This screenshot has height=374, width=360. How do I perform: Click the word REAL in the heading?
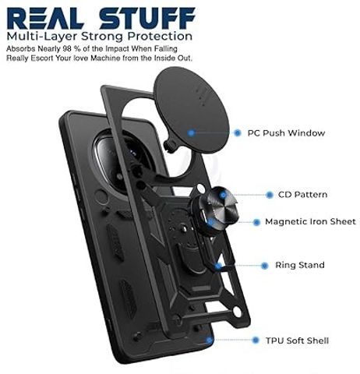tap(45, 18)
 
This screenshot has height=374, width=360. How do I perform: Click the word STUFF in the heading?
tap(147, 18)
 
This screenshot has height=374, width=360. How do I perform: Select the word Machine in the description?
tap(105, 58)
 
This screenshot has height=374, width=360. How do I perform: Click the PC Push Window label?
tap(286, 133)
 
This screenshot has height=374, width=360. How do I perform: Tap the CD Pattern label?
tap(302, 195)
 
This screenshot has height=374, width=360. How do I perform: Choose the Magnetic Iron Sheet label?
tap(310, 222)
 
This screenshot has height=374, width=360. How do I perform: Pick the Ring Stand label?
tap(300, 265)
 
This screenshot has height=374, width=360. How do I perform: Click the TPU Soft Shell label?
tap(297, 340)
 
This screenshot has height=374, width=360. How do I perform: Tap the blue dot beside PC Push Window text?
tap(237, 133)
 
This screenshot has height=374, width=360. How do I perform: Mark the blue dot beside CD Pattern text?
tap(270, 195)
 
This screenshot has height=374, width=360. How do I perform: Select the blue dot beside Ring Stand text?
tap(264, 266)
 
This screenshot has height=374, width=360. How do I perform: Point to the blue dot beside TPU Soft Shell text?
tap(256, 340)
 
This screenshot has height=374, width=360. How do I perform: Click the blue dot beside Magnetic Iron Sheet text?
tap(256, 222)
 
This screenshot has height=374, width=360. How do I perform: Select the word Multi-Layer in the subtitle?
tap(43, 37)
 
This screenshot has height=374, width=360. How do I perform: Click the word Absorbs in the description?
tap(21, 49)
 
